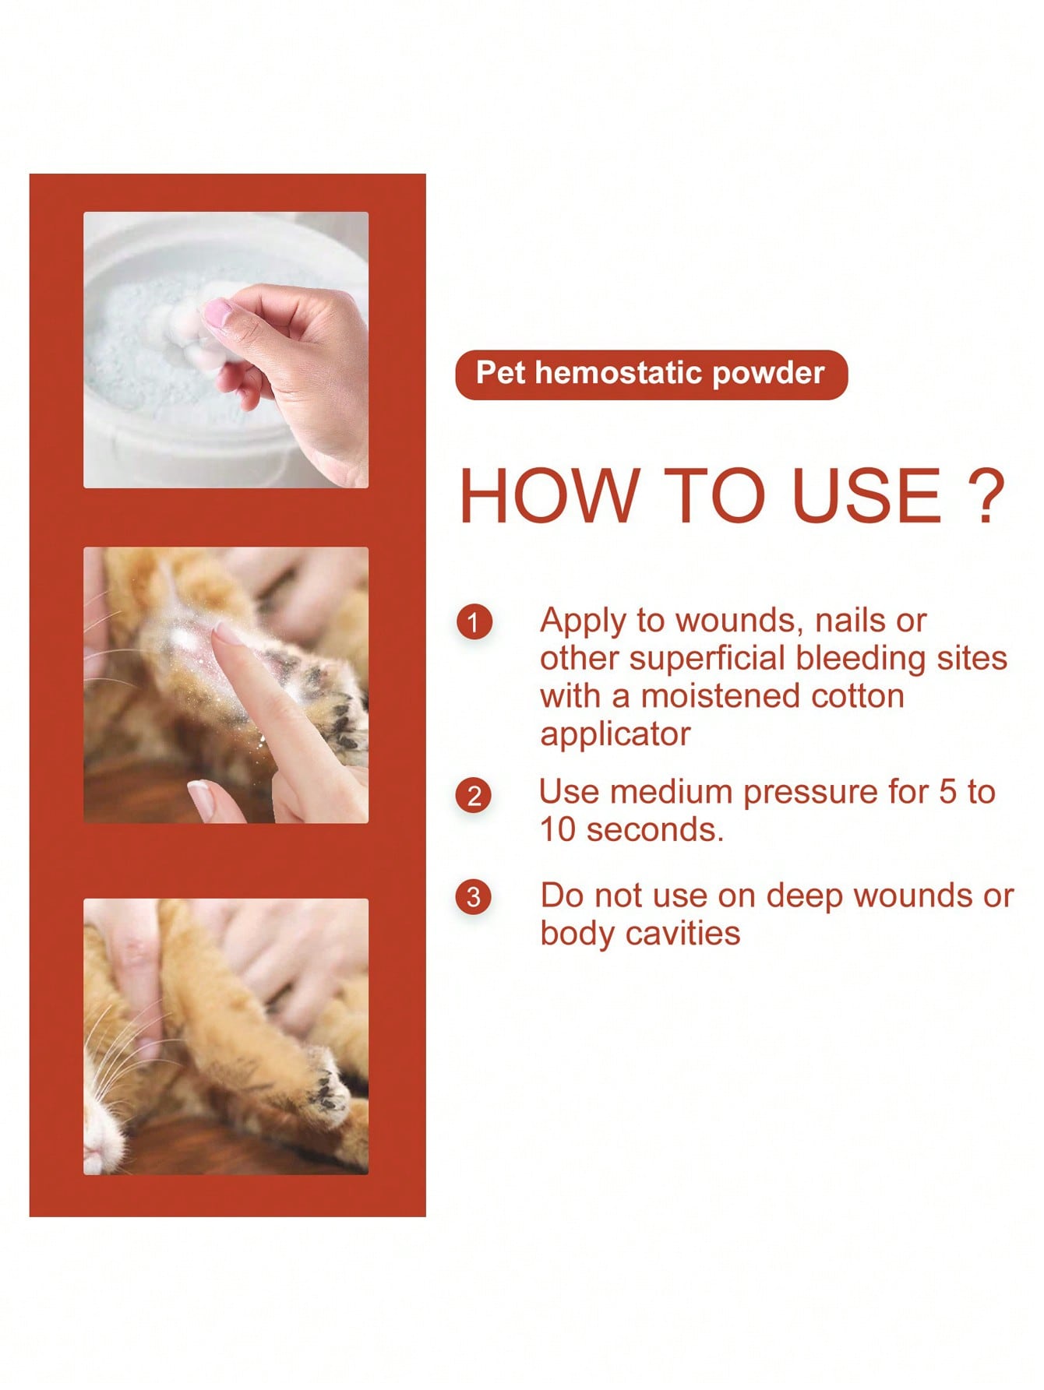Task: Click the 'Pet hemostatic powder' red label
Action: point(651,375)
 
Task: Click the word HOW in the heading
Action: point(548,496)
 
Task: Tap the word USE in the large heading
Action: point(867,496)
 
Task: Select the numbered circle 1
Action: point(474,623)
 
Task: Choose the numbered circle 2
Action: point(474,796)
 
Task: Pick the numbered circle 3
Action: point(474,897)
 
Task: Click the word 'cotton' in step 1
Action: point(858,696)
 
